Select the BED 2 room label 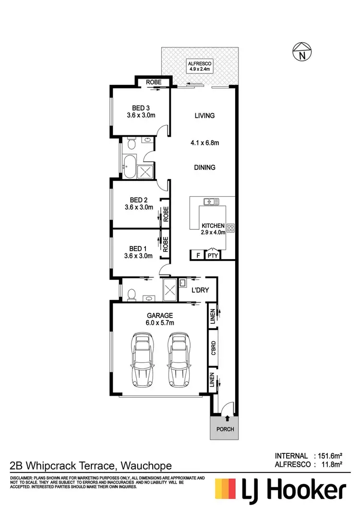pyautogui.click(x=139, y=200)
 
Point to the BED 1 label pyautogui.click(x=139, y=249)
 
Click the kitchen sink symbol pyautogui.click(x=211, y=201)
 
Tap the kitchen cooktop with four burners pyautogui.click(x=230, y=228)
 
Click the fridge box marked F pyautogui.click(x=197, y=256)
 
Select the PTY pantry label pyautogui.click(x=213, y=256)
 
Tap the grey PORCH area pyautogui.click(x=224, y=428)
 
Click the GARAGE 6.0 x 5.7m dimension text pyautogui.click(x=160, y=323)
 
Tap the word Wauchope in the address pyautogui.click(x=147, y=465)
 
